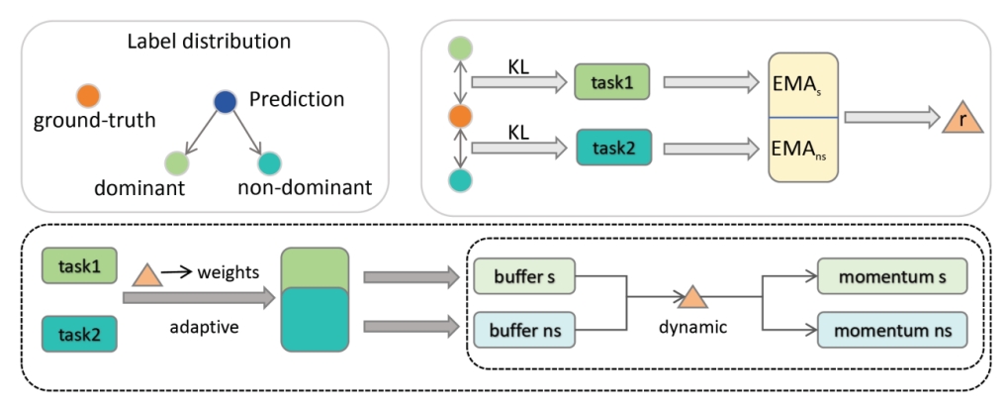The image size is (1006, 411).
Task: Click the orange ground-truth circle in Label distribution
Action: (x=86, y=97)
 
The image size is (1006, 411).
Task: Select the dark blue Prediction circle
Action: (x=225, y=101)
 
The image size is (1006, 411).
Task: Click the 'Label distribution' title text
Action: (x=209, y=43)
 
